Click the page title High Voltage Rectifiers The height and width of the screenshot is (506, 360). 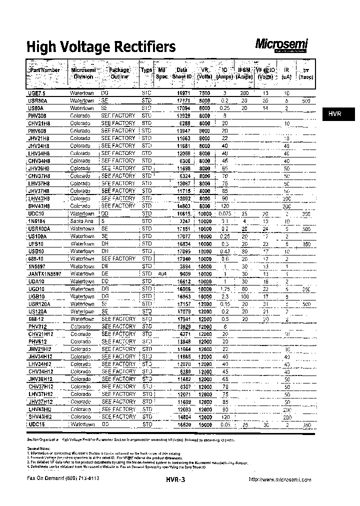tap(100, 47)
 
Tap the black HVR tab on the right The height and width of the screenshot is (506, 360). tap(335, 114)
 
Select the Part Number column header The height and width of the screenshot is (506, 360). tap(44, 70)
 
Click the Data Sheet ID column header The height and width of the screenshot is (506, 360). tap(182, 73)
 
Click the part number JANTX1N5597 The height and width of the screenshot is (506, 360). tap(45, 273)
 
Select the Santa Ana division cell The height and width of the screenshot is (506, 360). tap(81, 221)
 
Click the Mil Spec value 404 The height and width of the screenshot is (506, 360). tap(162, 273)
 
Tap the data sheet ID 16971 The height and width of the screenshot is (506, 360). tap(184, 93)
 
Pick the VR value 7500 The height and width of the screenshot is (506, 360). tap(204, 93)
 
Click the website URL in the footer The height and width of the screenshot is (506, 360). tap(280, 479)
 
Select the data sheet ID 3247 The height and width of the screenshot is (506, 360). tap(185, 221)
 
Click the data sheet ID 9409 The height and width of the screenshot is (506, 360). tap(185, 273)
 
